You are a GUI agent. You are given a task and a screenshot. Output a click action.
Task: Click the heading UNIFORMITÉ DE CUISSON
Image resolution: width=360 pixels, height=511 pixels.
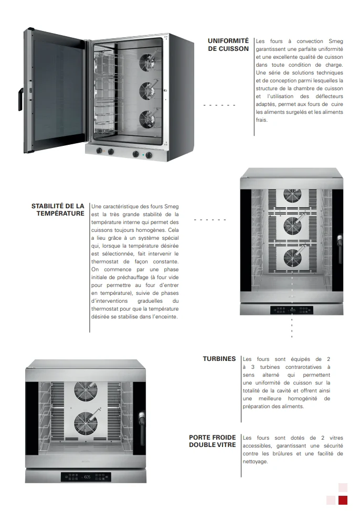[228, 45]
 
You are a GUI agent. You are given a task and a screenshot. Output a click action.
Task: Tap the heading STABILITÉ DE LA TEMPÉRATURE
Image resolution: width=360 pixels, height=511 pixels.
[58, 210]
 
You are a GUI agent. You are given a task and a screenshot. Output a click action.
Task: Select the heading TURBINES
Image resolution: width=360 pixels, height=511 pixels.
[219, 359]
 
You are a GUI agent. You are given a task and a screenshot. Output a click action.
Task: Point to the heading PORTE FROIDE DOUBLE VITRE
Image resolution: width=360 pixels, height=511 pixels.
[212, 441]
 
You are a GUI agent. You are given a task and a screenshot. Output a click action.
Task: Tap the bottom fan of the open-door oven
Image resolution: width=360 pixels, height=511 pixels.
[146, 119]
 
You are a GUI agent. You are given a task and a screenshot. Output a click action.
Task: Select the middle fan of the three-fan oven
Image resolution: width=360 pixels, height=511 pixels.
[292, 226]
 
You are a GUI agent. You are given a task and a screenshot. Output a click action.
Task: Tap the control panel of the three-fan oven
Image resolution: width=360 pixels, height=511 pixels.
[291, 310]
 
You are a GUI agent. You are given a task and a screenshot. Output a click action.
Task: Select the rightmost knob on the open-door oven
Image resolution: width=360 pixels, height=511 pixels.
[149, 154]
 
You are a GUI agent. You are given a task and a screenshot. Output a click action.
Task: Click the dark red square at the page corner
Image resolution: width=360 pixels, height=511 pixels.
[343, 500]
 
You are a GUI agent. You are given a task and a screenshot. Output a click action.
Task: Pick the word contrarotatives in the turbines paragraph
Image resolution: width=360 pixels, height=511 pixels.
[299, 367]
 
